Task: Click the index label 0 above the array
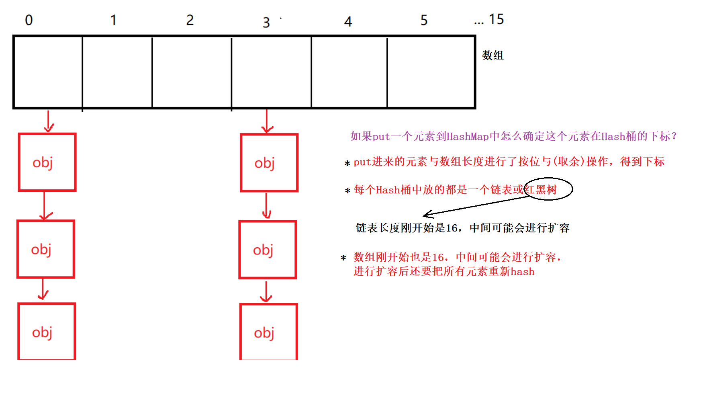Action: (29, 20)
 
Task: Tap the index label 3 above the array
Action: (266, 23)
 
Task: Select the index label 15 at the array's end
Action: (496, 19)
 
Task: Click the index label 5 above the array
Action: (424, 20)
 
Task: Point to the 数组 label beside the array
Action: (493, 55)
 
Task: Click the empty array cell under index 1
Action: (117, 72)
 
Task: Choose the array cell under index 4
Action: (349, 72)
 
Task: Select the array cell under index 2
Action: (192, 72)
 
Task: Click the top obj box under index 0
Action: (47, 162)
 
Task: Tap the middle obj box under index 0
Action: (46, 249)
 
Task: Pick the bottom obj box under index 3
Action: (268, 332)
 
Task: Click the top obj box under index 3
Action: (269, 163)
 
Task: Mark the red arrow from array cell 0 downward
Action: (49, 121)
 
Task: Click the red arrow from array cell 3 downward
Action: (267, 121)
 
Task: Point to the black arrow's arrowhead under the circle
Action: (427, 215)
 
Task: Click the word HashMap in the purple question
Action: (468, 137)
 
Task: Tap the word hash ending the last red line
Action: (522, 272)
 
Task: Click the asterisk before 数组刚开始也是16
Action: (343, 258)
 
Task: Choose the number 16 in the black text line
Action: (452, 228)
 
